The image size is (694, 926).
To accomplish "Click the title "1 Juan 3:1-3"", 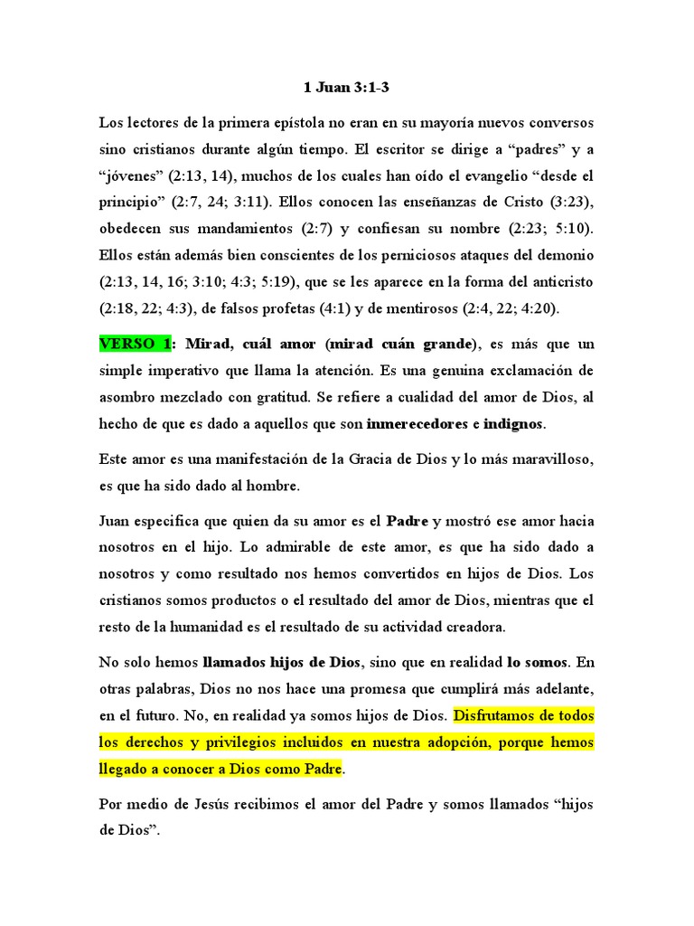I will click(x=347, y=88).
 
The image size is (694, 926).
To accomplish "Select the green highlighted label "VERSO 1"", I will click(x=136, y=344).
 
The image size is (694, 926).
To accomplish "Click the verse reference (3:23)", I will click(x=567, y=200).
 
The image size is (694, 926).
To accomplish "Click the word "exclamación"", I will click(x=521, y=371).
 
